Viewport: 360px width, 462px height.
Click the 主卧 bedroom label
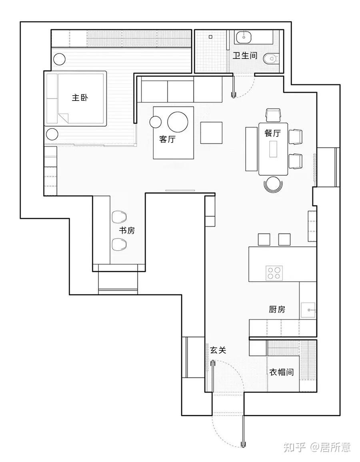pyautogui.click(x=80, y=97)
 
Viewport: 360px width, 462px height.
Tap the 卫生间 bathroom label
pyautogui.click(x=245, y=56)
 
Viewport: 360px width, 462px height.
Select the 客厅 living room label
pyautogui.click(x=167, y=139)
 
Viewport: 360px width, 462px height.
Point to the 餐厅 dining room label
pyautogui.click(x=272, y=133)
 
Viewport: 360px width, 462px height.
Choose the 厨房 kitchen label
pyautogui.click(x=277, y=309)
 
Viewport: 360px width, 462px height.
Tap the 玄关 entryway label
pyautogui.click(x=218, y=350)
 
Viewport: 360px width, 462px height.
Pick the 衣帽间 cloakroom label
pyautogui.click(x=281, y=372)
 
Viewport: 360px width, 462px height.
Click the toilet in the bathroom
pyautogui.click(x=271, y=59)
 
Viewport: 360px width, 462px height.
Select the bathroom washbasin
pyautogui.click(x=243, y=38)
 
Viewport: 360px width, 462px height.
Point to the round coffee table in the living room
pyautogui.click(x=178, y=122)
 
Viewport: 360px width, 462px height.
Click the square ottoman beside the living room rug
pyautogui.click(x=212, y=133)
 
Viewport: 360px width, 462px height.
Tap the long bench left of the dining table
pyautogui.click(x=251, y=149)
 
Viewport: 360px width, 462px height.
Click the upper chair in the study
pyautogui.click(x=119, y=217)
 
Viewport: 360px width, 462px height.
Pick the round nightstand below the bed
pyautogui.click(x=52, y=133)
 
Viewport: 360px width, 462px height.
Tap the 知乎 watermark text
pyautogui.click(x=295, y=447)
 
